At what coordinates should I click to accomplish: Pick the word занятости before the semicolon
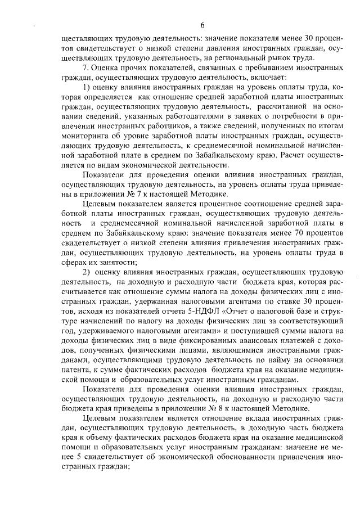click(118, 263)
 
